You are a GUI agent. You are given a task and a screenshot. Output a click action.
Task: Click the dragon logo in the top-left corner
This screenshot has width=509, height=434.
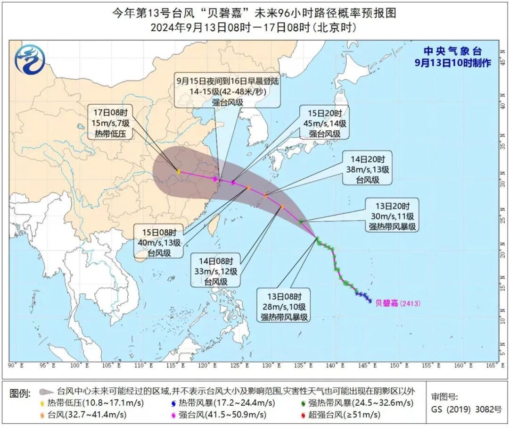pos(29,59)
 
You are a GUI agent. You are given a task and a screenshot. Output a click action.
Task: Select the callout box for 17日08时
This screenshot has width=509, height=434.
pos(111,124)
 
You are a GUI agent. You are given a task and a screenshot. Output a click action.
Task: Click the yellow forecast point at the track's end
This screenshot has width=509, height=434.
pos(179,172)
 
